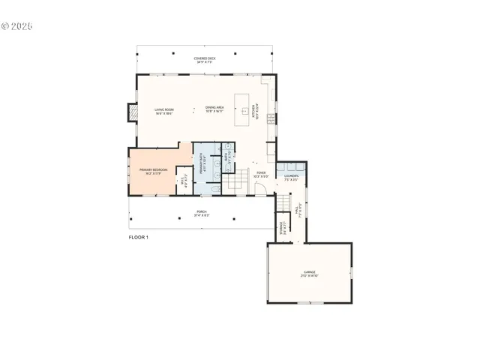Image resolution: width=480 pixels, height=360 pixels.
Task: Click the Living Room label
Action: pyautogui.click(x=164, y=112)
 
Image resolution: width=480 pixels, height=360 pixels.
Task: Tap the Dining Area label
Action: pyautogui.click(x=214, y=109)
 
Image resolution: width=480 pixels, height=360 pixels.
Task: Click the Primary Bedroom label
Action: pyautogui.click(x=153, y=171)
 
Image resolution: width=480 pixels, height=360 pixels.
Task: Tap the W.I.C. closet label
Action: pyautogui.click(x=184, y=180)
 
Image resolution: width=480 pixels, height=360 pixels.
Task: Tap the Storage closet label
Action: pyautogui.click(x=281, y=226)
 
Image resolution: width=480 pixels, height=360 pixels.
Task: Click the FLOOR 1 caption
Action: pyautogui.click(x=139, y=237)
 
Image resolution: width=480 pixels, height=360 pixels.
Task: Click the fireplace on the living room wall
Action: pyautogui.click(x=133, y=112)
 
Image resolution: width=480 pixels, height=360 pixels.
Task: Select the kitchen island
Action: pyautogui.click(x=241, y=110)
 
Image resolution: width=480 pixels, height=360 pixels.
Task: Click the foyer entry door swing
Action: pyautogui.click(x=260, y=189)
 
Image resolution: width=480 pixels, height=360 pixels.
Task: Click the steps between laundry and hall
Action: pyautogui.click(x=283, y=202)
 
